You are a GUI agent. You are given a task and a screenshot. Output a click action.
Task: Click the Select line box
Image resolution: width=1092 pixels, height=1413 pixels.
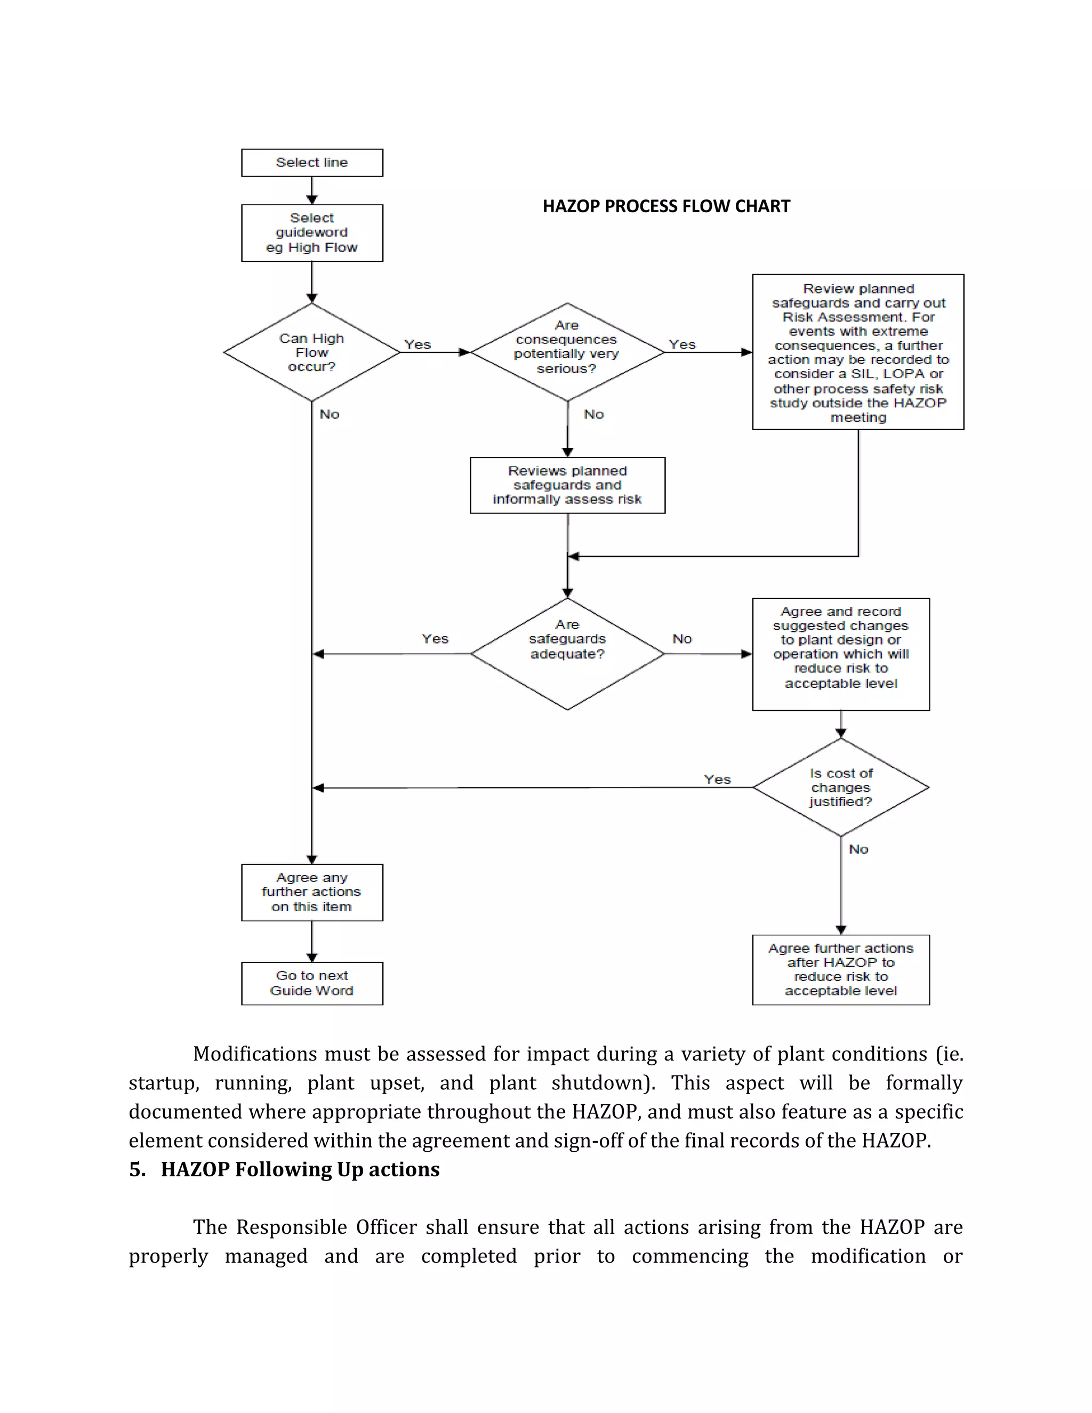312,163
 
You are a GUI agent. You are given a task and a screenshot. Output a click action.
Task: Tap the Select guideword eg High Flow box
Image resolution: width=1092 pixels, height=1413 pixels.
312,233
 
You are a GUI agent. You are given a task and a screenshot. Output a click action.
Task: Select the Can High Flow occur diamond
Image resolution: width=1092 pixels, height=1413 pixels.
312,352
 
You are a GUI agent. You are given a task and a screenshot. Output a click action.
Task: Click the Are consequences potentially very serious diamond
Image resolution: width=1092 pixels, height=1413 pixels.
567,352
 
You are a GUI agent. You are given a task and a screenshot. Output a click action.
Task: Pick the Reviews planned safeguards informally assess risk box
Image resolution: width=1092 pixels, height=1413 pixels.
567,485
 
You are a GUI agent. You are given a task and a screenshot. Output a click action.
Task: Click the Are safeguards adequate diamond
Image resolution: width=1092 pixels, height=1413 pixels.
567,654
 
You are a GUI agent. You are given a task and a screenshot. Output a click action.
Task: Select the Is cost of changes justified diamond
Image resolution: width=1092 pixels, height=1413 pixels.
840,788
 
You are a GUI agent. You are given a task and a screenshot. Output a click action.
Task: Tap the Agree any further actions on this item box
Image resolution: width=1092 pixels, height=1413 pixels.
312,892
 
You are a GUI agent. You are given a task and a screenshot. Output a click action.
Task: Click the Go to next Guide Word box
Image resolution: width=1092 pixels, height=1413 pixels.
312,983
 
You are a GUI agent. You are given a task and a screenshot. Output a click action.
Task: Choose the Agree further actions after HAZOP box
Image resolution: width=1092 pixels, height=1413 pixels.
840,969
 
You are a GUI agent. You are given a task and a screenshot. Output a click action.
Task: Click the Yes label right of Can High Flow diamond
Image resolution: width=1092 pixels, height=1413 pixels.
417,344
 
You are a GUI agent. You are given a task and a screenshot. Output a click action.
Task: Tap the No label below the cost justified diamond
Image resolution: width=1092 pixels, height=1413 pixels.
858,849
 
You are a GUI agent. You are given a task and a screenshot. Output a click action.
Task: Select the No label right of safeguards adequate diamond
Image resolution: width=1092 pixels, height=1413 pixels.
682,639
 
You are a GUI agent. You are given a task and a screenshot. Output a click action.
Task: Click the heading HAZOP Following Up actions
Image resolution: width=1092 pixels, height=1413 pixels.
300,1169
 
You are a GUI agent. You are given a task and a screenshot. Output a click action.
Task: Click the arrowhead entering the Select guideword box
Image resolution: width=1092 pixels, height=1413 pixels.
312,200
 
